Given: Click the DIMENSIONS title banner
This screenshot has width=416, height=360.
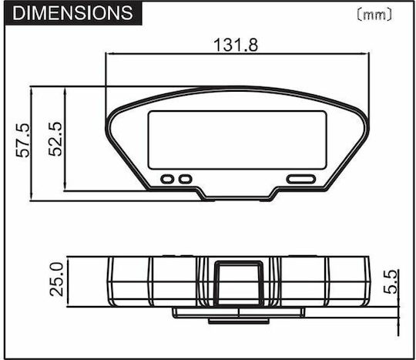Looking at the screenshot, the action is [73, 13].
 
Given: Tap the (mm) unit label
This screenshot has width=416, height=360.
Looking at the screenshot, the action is [374, 15].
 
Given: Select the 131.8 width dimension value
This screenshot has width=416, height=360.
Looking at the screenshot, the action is [236, 45].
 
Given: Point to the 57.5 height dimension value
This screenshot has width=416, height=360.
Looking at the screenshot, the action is [23, 140].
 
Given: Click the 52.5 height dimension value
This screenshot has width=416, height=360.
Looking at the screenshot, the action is [55, 139].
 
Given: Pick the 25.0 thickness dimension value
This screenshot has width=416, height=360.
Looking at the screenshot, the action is [57, 279].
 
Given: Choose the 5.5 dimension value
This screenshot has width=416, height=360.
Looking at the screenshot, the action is [391, 282].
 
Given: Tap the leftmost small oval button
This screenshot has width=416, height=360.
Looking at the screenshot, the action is [167, 179].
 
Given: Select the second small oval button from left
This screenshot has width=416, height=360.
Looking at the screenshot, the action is [185, 179].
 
